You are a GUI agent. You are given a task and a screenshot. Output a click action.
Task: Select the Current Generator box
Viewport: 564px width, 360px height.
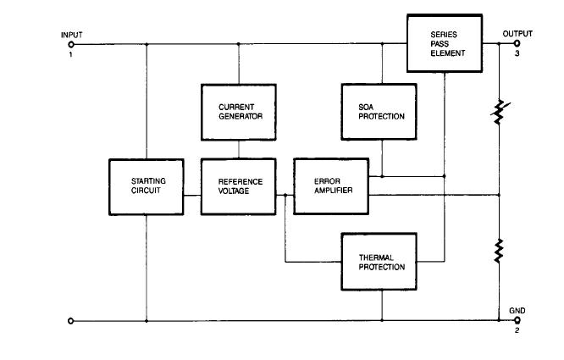(237, 111)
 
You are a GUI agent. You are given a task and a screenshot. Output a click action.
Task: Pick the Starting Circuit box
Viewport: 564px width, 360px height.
(147, 186)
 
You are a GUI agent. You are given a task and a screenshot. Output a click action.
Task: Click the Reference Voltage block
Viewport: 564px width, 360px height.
(237, 186)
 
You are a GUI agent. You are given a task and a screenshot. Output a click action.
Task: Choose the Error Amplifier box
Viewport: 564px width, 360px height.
(331, 186)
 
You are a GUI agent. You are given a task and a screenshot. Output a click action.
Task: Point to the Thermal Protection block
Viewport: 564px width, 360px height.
(381, 261)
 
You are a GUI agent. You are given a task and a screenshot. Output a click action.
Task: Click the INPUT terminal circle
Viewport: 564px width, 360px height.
(71, 44)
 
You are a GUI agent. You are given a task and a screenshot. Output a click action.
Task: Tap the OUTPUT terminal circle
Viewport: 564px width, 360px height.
(517, 44)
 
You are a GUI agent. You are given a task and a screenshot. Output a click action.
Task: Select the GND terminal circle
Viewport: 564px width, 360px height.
(517, 321)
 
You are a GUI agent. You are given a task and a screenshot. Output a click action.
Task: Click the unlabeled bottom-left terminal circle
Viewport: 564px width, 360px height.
(71, 321)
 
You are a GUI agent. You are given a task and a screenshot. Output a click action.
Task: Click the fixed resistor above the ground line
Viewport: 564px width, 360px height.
(500, 251)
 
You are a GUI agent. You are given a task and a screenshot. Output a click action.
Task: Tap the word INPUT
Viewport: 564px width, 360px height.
(71, 35)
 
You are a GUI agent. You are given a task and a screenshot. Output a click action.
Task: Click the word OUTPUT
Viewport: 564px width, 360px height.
(517, 34)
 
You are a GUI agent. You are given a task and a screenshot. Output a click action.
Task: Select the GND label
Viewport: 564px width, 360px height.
(517, 311)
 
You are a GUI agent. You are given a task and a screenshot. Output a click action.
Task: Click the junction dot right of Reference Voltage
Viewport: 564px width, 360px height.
(285, 195)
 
